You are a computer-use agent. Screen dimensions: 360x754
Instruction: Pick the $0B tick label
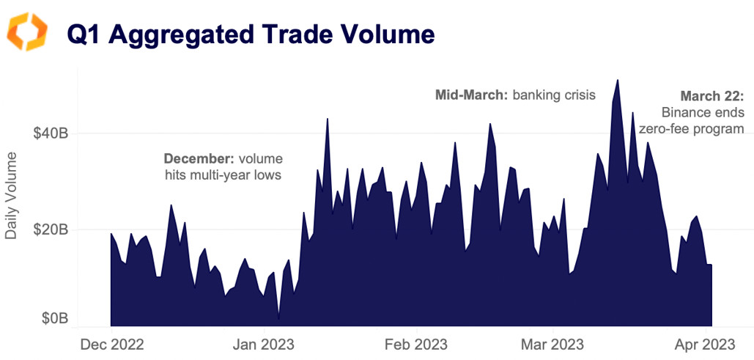[53, 319]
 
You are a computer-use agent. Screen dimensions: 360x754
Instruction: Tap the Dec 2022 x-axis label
[111, 344]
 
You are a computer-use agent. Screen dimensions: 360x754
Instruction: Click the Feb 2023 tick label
[415, 344]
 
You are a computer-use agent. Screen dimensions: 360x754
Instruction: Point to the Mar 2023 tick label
[552, 344]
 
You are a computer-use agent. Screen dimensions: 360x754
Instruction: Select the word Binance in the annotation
[687, 112]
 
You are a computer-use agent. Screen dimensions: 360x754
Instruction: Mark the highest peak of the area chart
[618, 80]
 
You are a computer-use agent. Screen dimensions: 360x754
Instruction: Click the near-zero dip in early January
[278, 319]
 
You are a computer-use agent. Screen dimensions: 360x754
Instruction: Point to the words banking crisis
[554, 95]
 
